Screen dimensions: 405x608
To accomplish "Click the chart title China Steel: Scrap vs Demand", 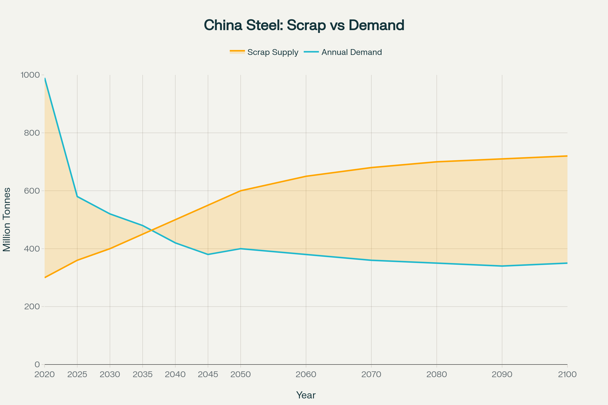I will tap(304, 25).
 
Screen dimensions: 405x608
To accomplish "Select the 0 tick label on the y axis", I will tap(37, 364).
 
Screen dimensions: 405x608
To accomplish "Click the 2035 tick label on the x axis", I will tap(142, 375).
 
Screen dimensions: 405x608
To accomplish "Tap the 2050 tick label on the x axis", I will tap(240, 375).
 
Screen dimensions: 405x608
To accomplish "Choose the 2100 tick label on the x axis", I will tap(567, 375).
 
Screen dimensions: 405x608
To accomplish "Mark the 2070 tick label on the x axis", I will tap(371, 375).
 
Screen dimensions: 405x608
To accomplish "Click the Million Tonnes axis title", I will tap(7, 219).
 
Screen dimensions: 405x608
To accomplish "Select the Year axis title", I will tap(306, 395).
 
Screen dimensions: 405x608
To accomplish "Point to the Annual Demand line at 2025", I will tap(77, 197).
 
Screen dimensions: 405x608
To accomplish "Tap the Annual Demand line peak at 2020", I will tap(45, 78).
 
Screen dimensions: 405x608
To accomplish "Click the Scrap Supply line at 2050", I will tap(241, 191).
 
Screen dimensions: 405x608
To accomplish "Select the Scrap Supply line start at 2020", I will tap(45, 277).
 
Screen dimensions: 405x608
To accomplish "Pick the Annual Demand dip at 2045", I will tap(208, 254).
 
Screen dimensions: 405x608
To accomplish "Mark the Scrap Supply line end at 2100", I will tap(567, 156).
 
